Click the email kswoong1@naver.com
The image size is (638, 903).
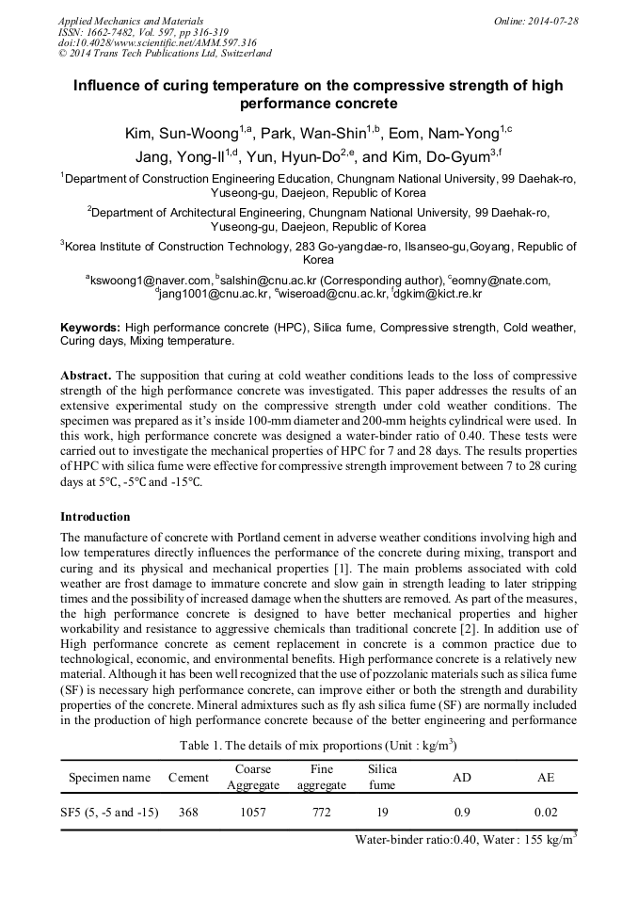click(x=150, y=280)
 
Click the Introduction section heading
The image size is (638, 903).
click(x=95, y=517)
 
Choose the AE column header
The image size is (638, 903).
click(x=546, y=778)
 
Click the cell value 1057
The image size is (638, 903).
click(x=253, y=812)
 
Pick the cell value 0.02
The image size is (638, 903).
click(x=546, y=812)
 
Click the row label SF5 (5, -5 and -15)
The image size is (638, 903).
click(x=109, y=812)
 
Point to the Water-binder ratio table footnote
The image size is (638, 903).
click(x=465, y=840)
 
